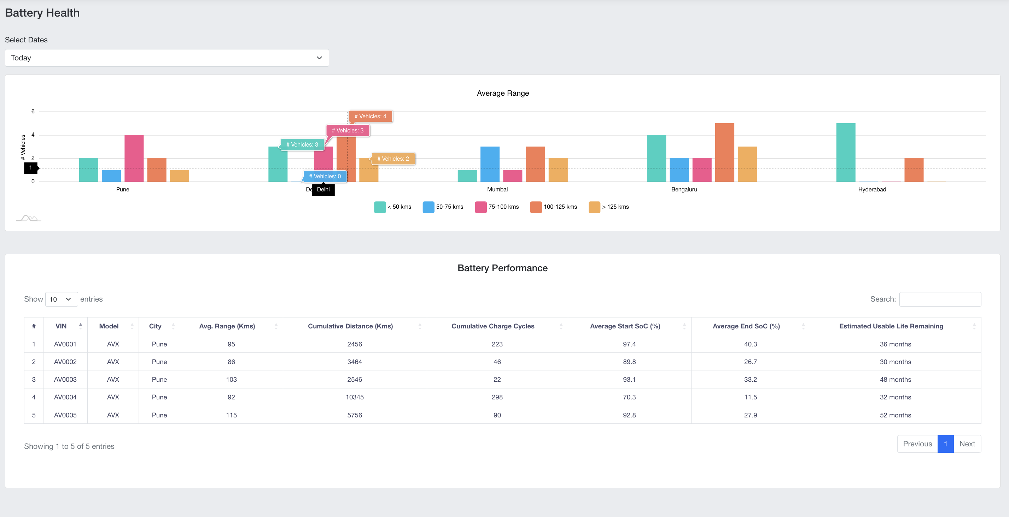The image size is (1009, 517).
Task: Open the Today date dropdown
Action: click(x=167, y=58)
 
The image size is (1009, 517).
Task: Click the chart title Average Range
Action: click(x=502, y=93)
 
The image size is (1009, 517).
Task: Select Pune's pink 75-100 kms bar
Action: click(x=134, y=159)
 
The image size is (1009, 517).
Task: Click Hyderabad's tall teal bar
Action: click(x=846, y=153)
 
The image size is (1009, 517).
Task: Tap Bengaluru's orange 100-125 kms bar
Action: click(x=724, y=153)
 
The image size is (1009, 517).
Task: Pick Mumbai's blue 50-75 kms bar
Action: click(x=490, y=164)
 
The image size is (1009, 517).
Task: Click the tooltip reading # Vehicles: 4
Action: click(x=370, y=116)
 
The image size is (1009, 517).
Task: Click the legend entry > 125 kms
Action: click(x=609, y=207)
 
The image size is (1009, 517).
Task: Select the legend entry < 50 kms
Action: click(x=393, y=207)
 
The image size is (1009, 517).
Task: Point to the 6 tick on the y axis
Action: click(x=33, y=112)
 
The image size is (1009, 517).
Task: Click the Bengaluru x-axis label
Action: click(x=684, y=189)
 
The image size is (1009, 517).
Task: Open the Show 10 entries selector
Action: click(x=61, y=299)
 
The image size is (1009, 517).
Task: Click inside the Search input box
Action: click(x=940, y=299)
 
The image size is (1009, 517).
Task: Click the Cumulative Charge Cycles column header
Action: click(x=492, y=326)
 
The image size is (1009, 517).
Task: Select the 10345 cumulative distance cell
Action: click(x=355, y=397)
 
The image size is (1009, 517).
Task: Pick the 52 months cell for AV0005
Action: click(x=895, y=415)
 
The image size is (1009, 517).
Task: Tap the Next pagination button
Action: click(x=967, y=444)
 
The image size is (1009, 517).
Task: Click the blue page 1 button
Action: click(x=945, y=444)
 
